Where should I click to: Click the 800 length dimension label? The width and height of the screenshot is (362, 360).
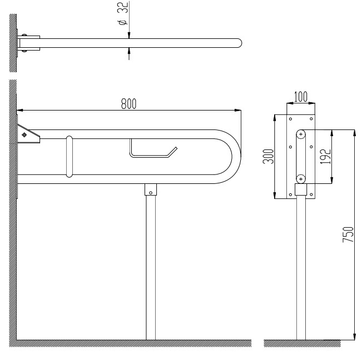click(x=128, y=103)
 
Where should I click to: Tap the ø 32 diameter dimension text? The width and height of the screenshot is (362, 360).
click(x=123, y=13)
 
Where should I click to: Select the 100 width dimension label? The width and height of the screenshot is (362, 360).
click(x=301, y=97)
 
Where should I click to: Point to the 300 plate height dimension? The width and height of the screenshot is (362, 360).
click(x=268, y=157)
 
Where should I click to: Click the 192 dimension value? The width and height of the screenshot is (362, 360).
click(x=325, y=157)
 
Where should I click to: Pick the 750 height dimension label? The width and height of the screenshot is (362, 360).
click(x=348, y=234)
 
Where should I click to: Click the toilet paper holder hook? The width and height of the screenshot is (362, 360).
click(x=153, y=150)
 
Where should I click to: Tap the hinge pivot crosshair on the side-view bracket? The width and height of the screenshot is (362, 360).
click(x=24, y=134)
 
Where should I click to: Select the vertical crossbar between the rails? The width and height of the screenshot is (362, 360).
click(x=70, y=157)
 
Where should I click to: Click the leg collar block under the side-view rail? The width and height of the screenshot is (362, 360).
click(x=151, y=189)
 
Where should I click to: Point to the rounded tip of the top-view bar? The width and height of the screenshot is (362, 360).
click(x=240, y=43)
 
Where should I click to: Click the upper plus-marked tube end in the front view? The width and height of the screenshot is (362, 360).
click(x=301, y=134)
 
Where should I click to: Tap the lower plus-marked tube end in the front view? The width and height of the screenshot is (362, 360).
click(x=301, y=179)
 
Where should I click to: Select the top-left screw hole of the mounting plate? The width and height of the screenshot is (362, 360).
click(x=290, y=119)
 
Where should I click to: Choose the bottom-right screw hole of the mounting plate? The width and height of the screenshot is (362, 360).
click(x=311, y=194)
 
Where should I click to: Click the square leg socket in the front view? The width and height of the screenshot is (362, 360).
click(x=301, y=189)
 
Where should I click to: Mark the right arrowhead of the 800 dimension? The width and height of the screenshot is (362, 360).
click(x=238, y=110)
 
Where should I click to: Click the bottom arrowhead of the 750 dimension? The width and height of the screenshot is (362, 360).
click(x=355, y=337)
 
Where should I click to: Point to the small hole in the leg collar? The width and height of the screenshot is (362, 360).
click(x=151, y=193)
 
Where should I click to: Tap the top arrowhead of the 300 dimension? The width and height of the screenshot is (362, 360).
click(x=275, y=118)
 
